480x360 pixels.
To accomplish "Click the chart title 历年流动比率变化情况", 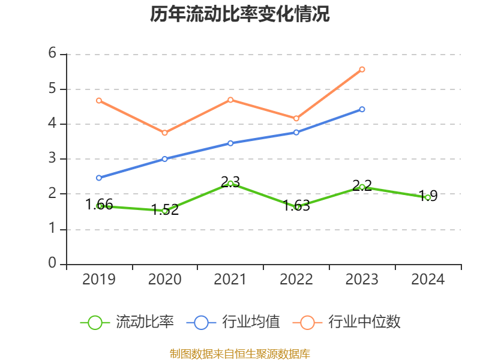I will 240,14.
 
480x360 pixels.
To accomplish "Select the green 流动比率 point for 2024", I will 428,197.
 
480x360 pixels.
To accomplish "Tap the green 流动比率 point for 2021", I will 230,183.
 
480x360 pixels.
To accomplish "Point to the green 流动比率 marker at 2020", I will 165,211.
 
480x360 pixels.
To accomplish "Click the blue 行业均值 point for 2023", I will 362,109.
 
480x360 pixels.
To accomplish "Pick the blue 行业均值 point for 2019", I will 99,178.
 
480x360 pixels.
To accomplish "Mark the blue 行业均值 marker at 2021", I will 230,143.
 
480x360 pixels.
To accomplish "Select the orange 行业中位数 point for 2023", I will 362,69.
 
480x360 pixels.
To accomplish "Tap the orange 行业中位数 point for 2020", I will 165,133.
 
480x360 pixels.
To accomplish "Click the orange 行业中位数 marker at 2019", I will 99,100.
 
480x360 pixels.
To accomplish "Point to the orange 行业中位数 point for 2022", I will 296,118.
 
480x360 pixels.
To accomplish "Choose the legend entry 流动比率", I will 127,322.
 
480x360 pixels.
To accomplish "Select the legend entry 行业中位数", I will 347,322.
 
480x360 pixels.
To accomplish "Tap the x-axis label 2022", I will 296,280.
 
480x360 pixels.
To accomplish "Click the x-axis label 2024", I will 428,280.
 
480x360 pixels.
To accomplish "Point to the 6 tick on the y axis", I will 52,54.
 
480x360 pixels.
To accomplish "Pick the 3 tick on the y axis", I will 52,159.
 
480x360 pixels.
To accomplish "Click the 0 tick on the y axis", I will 52,264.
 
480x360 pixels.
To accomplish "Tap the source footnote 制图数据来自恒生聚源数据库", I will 240,354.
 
